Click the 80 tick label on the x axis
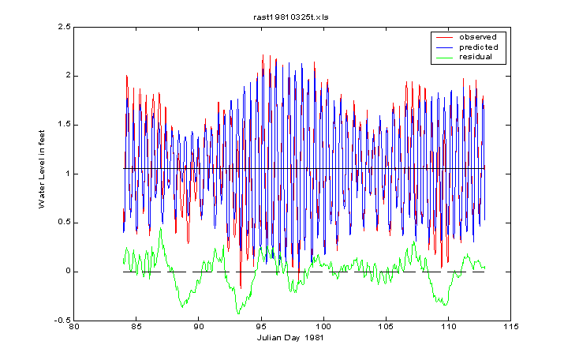(74, 325)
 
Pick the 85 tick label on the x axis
(136, 325)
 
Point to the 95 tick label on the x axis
(260, 325)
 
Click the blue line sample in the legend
(444, 47)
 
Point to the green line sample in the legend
(444, 57)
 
